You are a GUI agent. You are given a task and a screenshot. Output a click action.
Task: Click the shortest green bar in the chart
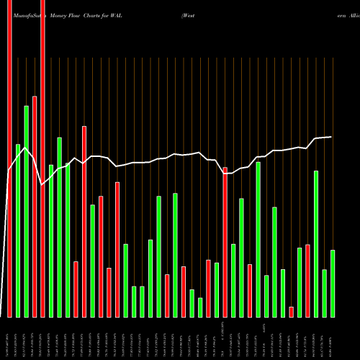point(200,307)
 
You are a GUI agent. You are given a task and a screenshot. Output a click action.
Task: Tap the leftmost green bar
point(18,230)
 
